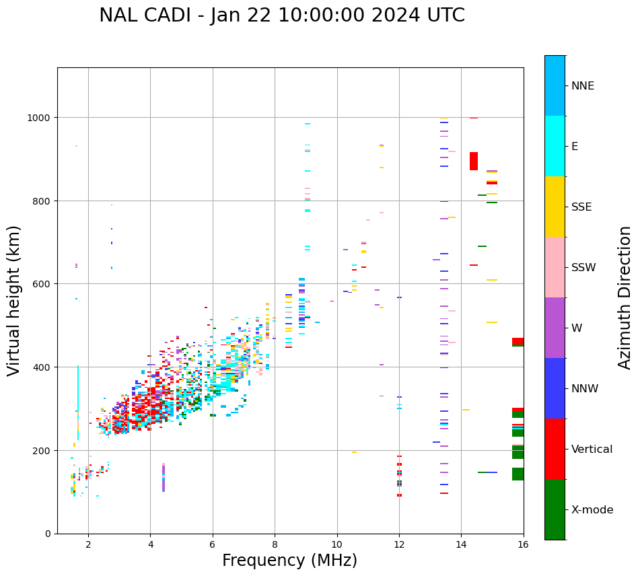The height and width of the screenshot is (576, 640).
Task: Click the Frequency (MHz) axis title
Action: [x=289, y=561]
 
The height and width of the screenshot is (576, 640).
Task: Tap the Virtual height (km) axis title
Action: [x=14, y=300]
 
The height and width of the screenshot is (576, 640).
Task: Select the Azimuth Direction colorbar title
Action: [x=625, y=297]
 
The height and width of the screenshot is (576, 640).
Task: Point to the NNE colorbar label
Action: [x=583, y=86]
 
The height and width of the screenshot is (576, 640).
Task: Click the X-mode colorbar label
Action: [x=592, y=510]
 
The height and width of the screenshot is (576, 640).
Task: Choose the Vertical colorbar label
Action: [x=592, y=449]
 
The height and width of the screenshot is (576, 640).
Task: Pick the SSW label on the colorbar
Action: [x=583, y=268]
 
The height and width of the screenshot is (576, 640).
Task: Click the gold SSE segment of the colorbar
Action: [x=555, y=207]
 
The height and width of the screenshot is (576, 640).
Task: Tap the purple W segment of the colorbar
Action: [x=555, y=328]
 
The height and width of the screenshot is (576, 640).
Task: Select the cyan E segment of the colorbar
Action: [x=555, y=146]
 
